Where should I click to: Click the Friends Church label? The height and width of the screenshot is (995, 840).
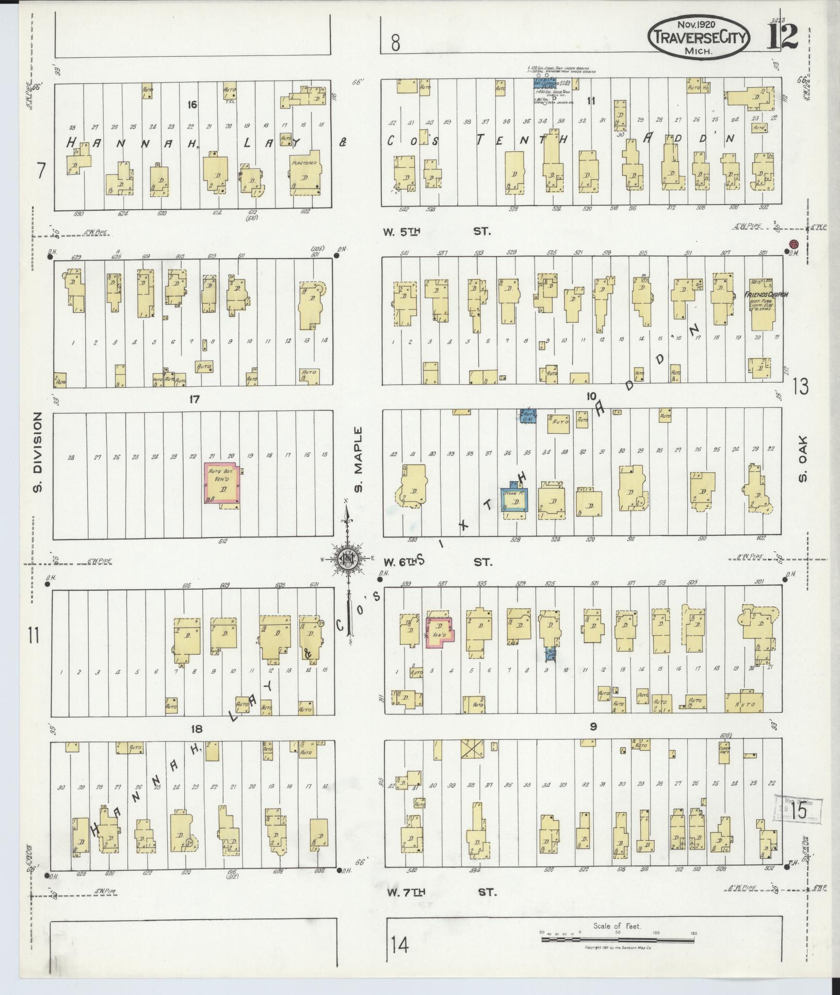pos(766,295)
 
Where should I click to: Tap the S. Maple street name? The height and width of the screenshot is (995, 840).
pos(359,460)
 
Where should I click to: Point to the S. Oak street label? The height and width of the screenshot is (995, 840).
pos(803,460)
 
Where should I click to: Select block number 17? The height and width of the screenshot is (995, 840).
pos(194,399)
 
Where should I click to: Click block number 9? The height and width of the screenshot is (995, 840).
pos(593,726)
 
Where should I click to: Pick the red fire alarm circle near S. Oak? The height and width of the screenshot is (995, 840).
pos(793,243)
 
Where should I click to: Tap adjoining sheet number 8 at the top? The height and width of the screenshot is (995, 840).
pos(395,44)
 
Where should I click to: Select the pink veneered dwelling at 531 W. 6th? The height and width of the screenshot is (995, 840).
pos(440,630)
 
